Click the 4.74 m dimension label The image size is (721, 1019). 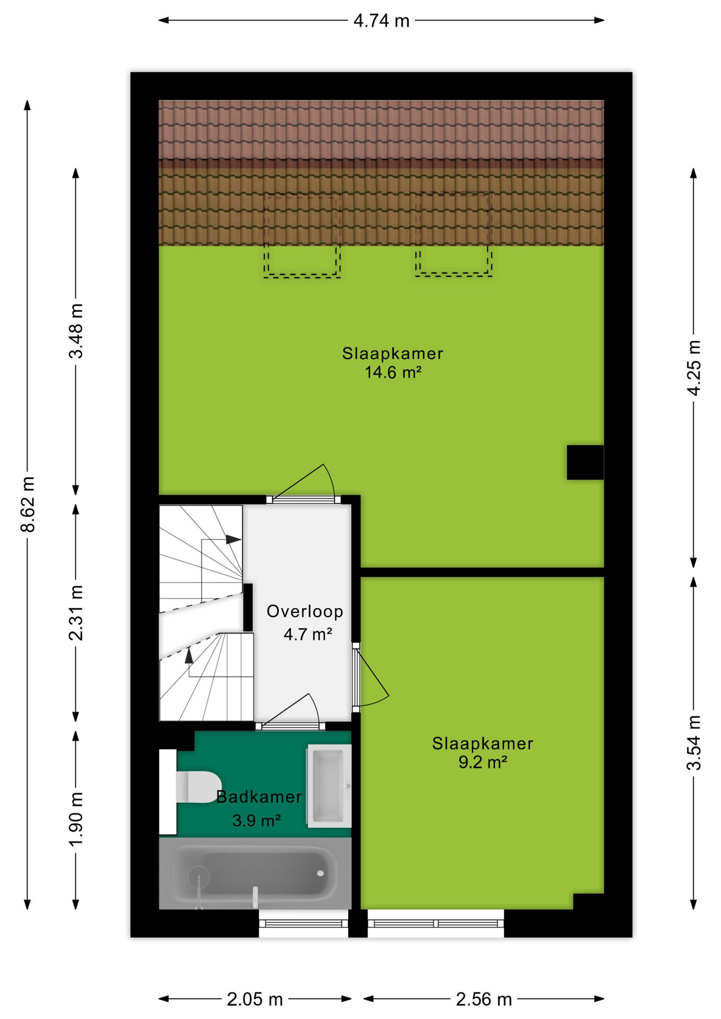[381, 21]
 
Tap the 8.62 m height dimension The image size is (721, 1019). [28, 504]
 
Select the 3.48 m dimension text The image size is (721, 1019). [76, 331]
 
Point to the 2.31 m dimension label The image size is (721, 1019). [76, 612]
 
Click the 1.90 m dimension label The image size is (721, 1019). [76, 819]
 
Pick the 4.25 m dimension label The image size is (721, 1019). [693, 367]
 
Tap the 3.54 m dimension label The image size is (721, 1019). [693, 742]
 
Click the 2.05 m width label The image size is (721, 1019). [255, 999]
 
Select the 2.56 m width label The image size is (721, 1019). [484, 999]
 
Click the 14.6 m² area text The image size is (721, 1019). [393, 372]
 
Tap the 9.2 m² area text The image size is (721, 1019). [483, 762]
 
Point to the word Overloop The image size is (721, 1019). [305, 611]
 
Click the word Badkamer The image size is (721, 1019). [259, 797]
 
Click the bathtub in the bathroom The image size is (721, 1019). [255, 874]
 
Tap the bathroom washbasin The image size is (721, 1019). [329, 786]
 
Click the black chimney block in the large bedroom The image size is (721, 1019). [585, 462]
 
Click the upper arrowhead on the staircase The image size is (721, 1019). [234, 539]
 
